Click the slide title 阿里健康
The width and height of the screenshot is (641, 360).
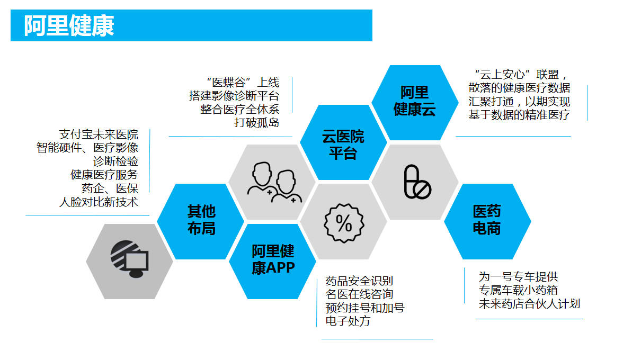tap(69, 26)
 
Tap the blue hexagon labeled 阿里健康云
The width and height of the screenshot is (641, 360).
tap(414, 102)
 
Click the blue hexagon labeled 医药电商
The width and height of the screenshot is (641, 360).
tap(487, 221)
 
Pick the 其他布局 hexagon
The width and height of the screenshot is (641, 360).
tap(201, 221)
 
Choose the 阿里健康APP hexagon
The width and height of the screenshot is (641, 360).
tap(273, 260)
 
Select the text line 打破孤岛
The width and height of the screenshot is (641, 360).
tap(257, 123)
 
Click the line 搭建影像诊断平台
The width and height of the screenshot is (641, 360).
tap(234, 96)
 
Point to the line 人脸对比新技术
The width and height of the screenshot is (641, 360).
tap(99, 202)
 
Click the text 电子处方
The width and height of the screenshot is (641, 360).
tap(348, 321)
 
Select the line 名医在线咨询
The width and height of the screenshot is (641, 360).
tap(359, 294)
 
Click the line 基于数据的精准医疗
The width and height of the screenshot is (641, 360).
tap(519, 114)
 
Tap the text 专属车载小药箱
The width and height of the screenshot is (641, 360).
tap(518, 290)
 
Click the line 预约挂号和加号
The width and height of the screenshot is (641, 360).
tap(365, 308)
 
